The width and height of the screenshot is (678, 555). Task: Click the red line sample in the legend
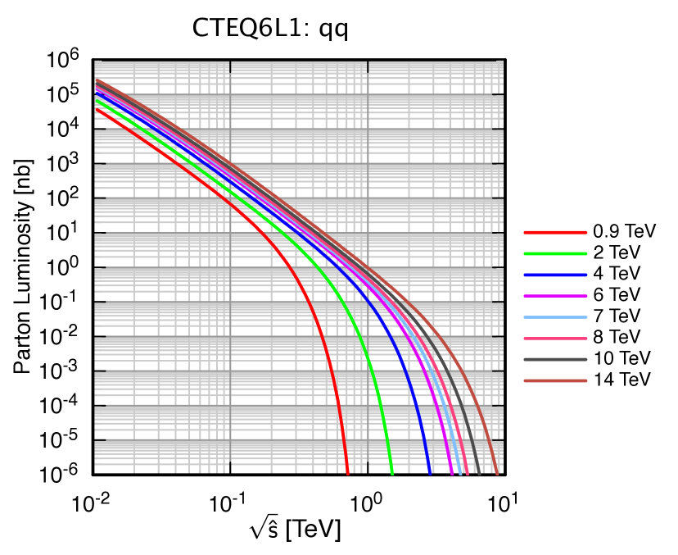click(x=555, y=232)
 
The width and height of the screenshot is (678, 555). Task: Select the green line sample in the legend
click(x=555, y=253)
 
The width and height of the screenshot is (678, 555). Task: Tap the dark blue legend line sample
click(x=555, y=275)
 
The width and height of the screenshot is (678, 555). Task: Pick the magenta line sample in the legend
click(x=555, y=296)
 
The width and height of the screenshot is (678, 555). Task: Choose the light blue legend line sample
click(x=555, y=317)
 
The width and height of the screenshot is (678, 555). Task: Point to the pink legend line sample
click(x=555, y=339)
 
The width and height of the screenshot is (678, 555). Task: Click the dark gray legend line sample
click(x=555, y=359)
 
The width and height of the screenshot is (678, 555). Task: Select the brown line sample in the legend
click(x=555, y=380)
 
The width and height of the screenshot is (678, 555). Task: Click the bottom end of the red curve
click(x=348, y=473)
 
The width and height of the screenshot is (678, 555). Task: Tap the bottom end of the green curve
click(x=392, y=473)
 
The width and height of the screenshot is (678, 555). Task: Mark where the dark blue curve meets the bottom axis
click(x=431, y=473)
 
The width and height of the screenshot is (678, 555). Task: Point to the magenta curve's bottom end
click(x=452, y=473)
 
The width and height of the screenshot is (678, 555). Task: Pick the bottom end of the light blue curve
click(x=459, y=473)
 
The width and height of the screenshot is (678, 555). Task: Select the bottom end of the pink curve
click(x=467, y=473)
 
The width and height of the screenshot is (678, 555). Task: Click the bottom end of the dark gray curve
click(x=480, y=473)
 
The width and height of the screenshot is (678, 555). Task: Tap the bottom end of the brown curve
click(x=497, y=473)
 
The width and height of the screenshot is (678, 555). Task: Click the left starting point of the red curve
click(x=96, y=109)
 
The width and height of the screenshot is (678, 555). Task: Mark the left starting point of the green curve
click(x=96, y=100)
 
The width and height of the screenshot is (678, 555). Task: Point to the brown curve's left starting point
click(x=96, y=80)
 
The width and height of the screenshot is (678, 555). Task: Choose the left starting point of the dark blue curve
click(x=96, y=93)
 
